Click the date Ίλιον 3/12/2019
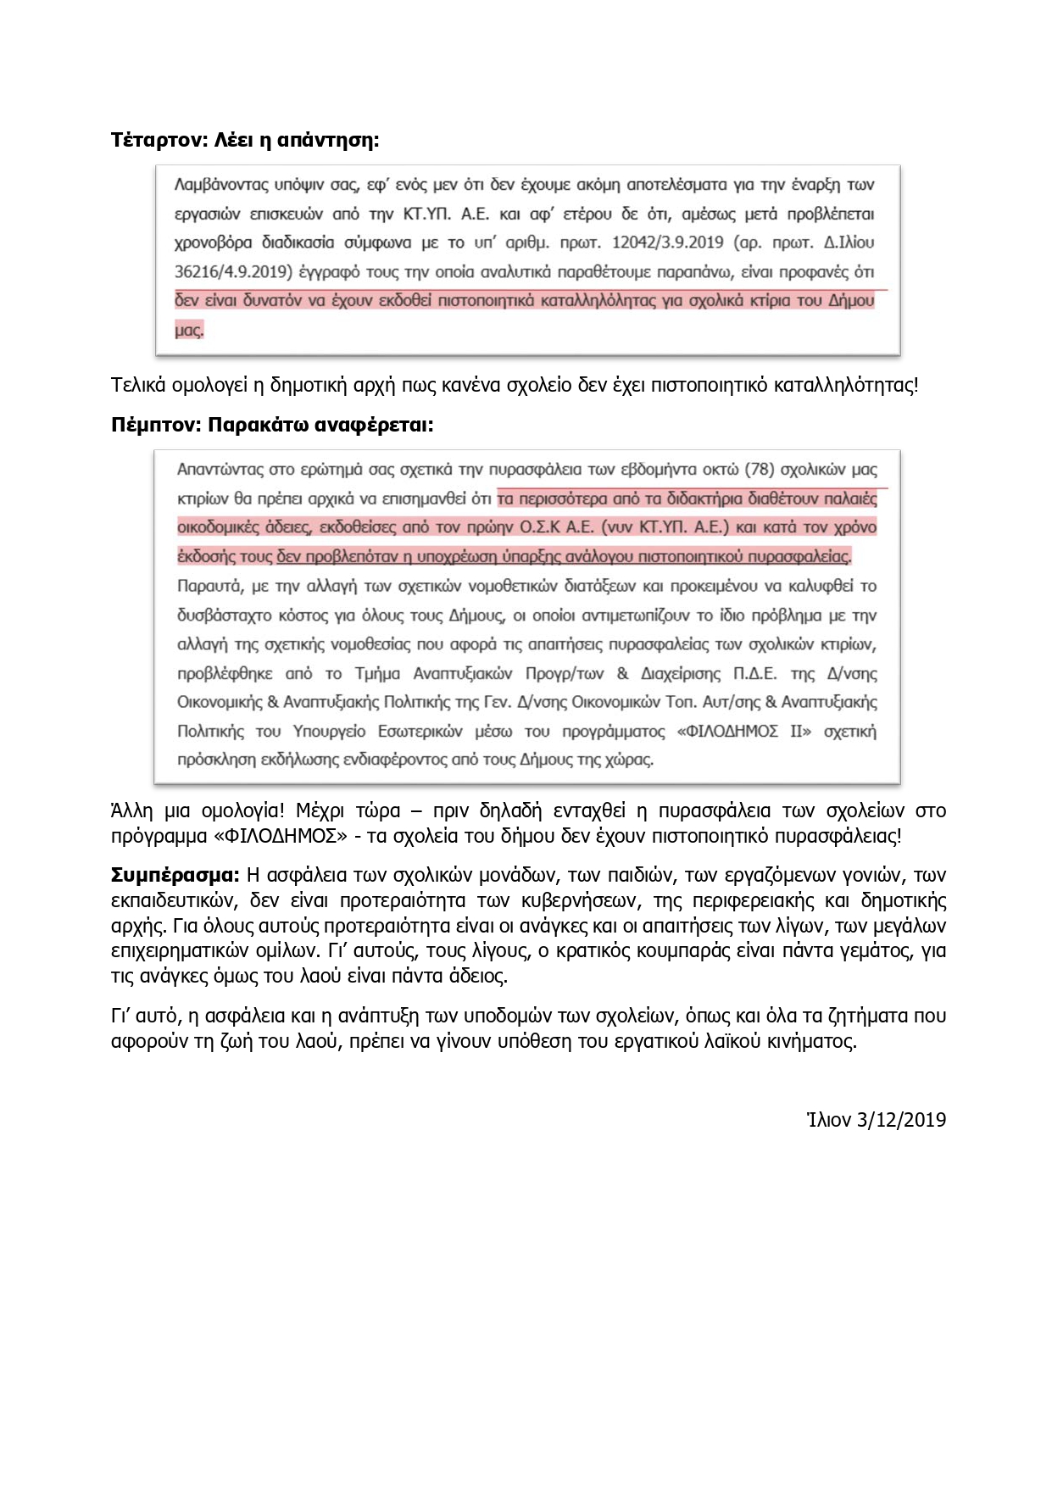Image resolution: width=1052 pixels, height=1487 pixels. (876, 1119)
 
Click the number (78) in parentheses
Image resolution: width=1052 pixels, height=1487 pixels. (759, 469)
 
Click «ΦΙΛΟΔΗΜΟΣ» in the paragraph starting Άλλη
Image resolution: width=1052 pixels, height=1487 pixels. (281, 836)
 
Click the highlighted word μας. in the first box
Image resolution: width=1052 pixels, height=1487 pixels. (189, 330)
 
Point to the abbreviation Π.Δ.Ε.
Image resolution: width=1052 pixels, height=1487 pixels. (754, 674)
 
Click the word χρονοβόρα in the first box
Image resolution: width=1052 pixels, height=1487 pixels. (213, 242)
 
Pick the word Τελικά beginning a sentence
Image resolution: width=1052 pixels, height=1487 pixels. (138, 385)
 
